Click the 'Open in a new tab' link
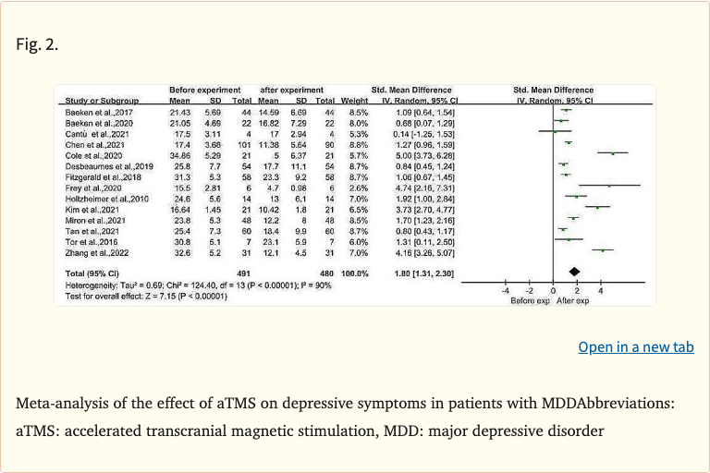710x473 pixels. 635,347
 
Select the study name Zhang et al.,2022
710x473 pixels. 91,249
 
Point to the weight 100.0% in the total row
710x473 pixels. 354,274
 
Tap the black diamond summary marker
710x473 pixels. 574,271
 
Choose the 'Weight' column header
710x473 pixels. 354,100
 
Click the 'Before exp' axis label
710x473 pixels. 531,300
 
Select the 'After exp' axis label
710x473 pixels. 577,300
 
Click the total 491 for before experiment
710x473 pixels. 244,274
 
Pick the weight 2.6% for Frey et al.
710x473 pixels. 358,186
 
